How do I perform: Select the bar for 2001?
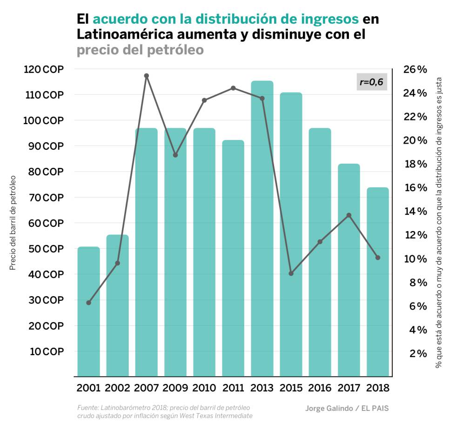point(88,311)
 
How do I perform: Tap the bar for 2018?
point(378,282)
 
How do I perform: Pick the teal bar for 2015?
point(291,234)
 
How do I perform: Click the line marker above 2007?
point(146,76)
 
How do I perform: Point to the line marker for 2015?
point(291,273)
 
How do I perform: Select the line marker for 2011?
point(233,88)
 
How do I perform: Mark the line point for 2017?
point(349,215)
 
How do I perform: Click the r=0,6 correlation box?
point(371,82)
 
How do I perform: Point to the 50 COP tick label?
point(44,249)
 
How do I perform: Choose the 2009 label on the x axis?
point(175,388)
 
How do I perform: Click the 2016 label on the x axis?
point(320,388)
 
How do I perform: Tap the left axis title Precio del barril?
point(13,223)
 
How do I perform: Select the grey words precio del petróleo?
point(140,50)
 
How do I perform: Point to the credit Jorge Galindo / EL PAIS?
point(347,409)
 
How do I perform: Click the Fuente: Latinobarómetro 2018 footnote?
point(165,408)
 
